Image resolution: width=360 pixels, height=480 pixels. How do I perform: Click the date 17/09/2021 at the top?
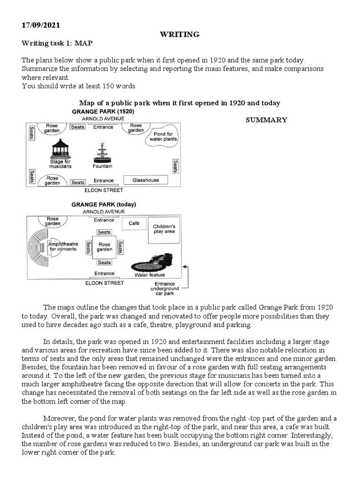41,25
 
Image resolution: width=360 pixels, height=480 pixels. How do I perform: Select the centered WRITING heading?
180,34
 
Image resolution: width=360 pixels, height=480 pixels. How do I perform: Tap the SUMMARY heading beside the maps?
266,120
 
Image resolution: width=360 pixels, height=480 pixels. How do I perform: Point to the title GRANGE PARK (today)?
104,205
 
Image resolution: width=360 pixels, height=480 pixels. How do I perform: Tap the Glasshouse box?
145,180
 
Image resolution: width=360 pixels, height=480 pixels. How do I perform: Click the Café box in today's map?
134,224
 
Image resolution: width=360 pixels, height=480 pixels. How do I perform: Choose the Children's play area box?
165,229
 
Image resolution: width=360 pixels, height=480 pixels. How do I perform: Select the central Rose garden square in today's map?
104,247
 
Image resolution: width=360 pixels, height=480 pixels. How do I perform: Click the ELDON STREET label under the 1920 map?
104,191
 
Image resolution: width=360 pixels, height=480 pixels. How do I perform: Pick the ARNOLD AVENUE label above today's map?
104,212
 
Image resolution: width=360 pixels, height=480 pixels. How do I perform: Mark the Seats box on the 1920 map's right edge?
175,165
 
